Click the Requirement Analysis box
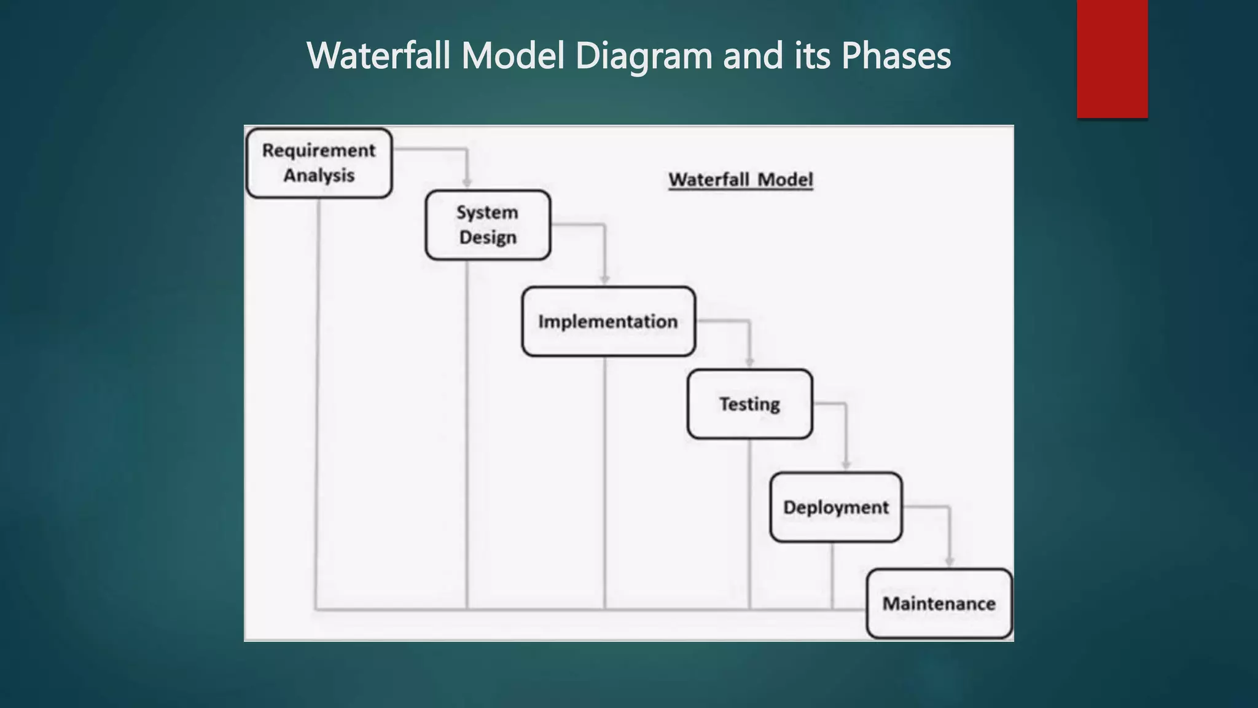click(x=319, y=163)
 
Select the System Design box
click(x=488, y=225)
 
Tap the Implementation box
click(x=608, y=321)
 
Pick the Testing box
click(x=749, y=404)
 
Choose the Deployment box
click(x=835, y=507)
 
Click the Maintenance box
click(x=939, y=604)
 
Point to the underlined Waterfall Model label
click(x=740, y=179)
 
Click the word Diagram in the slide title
click(x=644, y=55)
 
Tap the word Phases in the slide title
click(x=896, y=55)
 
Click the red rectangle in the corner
click(x=1112, y=58)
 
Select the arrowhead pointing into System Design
click(x=467, y=183)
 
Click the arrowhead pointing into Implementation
click(x=604, y=279)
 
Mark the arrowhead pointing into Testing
click(x=749, y=362)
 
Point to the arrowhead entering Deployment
click(x=846, y=465)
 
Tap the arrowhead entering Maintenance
click(x=949, y=561)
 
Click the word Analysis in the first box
click(x=319, y=176)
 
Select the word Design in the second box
click(x=488, y=238)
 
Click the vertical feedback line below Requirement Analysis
click(x=317, y=399)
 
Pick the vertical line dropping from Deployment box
click(x=832, y=575)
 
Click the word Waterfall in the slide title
click(x=378, y=55)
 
